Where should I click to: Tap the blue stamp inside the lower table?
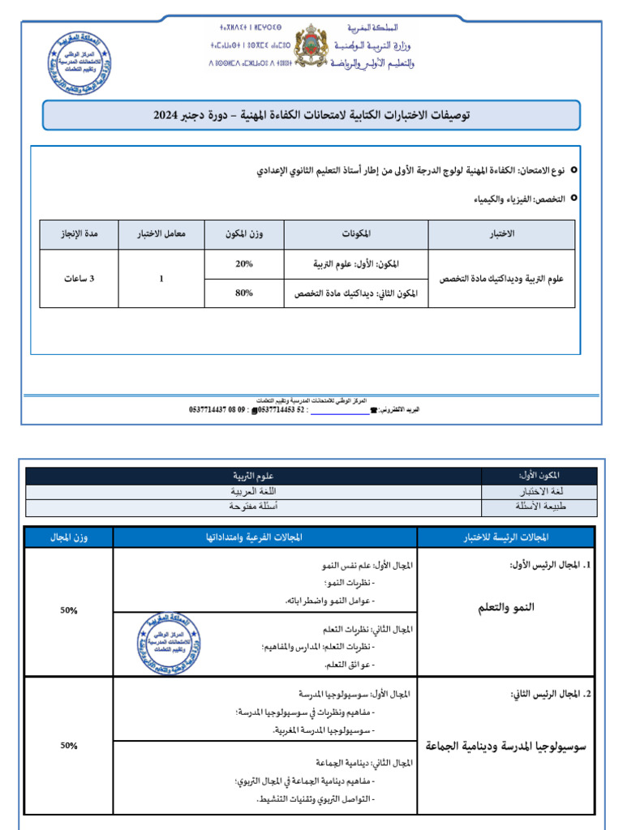[x=170, y=644]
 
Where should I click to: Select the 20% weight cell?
[x=244, y=263]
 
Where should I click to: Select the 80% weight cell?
[x=244, y=293]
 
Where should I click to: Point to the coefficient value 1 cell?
[x=161, y=278]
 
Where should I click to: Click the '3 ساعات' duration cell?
[x=79, y=278]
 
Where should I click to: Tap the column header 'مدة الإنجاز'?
[x=79, y=234]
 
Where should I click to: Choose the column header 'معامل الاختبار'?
[x=162, y=234]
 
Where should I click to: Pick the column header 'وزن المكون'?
[x=244, y=234]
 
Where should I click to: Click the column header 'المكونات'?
[x=357, y=234]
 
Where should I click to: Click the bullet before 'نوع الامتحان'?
[x=574, y=172]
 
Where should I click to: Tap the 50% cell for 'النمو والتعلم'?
[x=68, y=611]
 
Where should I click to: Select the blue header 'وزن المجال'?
[x=69, y=537]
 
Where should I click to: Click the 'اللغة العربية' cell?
[x=254, y=491]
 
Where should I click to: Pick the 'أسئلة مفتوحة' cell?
[x=254, y=507]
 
